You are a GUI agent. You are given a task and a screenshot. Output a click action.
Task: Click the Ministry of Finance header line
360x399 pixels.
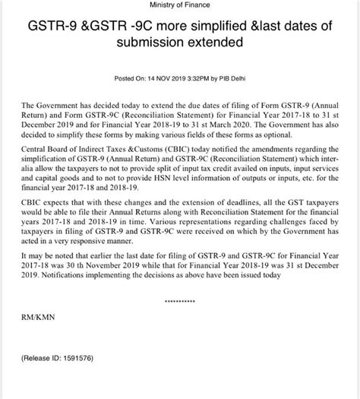click(179, 7)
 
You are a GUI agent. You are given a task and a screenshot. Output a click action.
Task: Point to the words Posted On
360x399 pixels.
click(131, 78)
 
